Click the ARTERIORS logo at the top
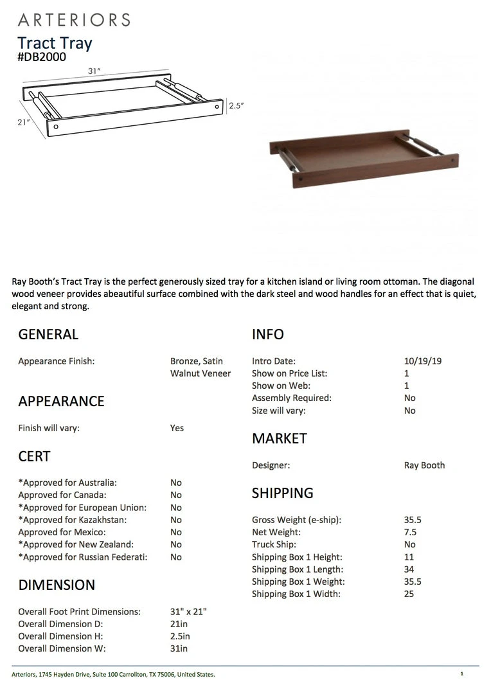pos(74,19)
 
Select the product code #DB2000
pos(42,57)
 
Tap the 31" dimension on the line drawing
pos(94,71)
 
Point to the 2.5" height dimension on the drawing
pos(237,106)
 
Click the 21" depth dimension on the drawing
pos(24,122)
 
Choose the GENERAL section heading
pos(48,334)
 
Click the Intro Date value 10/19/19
pos(422,361)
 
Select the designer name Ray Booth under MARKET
pos(424,465)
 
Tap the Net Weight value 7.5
pos(410,532)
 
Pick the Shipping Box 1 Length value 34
pos(409,569)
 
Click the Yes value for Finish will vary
pos(177,428)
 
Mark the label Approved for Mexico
pos(62,532)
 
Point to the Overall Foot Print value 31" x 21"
pos(188,612)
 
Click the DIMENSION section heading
pos(57,585)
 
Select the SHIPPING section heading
pos(283,493)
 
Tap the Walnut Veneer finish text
pos(201,373)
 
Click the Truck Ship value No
pos(410,544)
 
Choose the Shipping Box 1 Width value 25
pos(409,594)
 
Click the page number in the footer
pos(461,674)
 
